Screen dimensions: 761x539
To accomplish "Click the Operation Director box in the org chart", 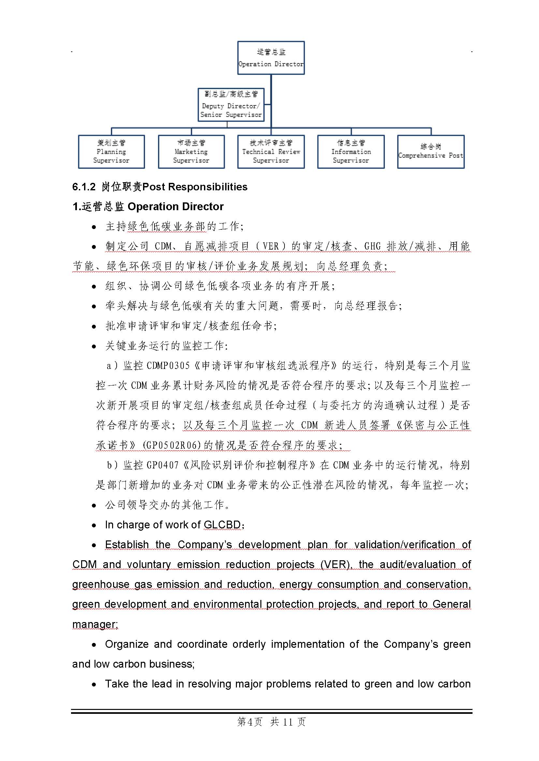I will click(x=271, y=58).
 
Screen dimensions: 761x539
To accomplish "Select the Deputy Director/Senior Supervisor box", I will click(x=231, y=105).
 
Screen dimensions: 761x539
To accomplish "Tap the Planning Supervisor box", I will click(x=111, y=152).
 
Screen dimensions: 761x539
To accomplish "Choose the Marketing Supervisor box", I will click(x=191, y=152).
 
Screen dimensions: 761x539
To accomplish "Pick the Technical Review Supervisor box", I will click(x=271, y=152).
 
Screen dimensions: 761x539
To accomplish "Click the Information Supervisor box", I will click(x=351, y=152).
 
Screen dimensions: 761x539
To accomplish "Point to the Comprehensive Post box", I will click(x=430, y=152).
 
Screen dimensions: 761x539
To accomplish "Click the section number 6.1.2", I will click(x=84, y=187).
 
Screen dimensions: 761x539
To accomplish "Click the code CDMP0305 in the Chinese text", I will click(x=168, y=366).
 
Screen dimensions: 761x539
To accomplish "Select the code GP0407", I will click(x=162, y=465).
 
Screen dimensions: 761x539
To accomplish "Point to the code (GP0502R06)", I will click(x=172, y=445).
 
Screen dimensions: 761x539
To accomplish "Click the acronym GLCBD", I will click(x=222, y=525).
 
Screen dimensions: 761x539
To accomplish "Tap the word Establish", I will click(x=127, y=545).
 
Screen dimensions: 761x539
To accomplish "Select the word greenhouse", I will click(x=101, y=584).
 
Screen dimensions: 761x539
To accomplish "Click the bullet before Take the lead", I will click(x=94, y=685).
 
